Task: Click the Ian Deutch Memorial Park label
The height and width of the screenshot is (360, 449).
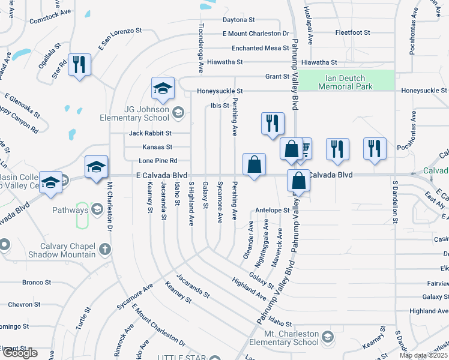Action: [x=346, y=82]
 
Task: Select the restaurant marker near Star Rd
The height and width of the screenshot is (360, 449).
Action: [x=80, y=64]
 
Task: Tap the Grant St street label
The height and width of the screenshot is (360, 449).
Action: [x=277, y=77]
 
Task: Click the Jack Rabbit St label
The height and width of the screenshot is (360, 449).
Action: [x=150, y=133]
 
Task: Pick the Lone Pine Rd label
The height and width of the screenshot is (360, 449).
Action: [x=158, y=161]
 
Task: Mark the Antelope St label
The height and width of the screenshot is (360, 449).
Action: [x=273, y=211]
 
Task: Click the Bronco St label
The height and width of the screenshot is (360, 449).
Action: [x=36, y=282]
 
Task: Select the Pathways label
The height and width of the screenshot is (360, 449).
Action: [x=70, y=209]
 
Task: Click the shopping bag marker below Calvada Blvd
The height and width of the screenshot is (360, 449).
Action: [x=298, y=181]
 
